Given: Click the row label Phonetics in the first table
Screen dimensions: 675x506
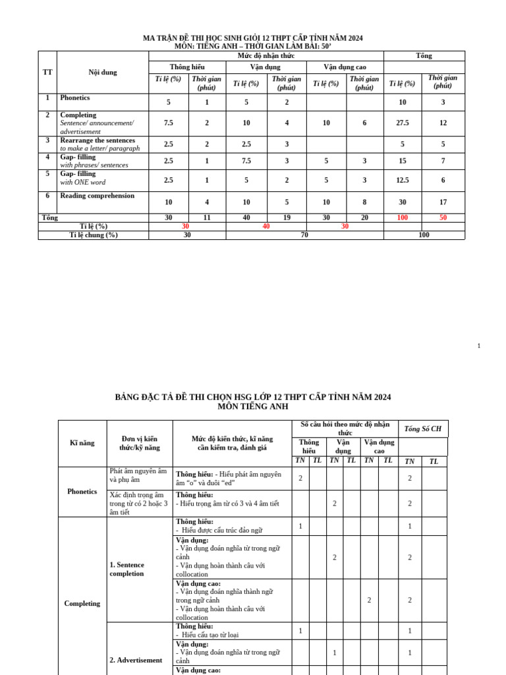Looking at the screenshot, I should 75,98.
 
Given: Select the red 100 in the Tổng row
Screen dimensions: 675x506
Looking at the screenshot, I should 403,218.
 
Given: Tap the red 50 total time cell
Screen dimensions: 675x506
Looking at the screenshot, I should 443,218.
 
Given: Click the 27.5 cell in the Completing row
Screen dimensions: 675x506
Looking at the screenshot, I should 403,123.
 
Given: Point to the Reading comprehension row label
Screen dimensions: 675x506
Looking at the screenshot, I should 97,196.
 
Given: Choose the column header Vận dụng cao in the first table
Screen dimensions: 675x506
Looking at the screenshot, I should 345,67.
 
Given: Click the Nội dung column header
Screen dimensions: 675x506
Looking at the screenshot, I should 103,72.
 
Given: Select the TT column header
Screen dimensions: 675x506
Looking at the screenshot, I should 47,72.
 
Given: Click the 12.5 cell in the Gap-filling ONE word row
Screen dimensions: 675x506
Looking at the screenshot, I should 403,181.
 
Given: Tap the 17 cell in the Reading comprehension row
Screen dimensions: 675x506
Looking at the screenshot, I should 443,202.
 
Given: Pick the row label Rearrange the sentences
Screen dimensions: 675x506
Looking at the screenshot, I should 98,140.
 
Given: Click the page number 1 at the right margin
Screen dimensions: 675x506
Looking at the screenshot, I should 479,346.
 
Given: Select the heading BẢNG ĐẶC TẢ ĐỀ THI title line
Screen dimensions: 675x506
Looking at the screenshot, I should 253,397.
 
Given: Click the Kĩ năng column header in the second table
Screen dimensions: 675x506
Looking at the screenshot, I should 82,443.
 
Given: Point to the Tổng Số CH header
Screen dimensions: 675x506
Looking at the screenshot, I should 423,428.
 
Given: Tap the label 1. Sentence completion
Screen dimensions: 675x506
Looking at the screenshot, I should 126,569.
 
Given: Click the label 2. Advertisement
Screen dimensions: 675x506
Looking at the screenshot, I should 136,660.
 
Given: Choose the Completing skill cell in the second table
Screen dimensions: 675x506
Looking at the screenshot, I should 82,603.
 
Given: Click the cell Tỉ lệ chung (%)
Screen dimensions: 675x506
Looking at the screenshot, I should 94,235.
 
